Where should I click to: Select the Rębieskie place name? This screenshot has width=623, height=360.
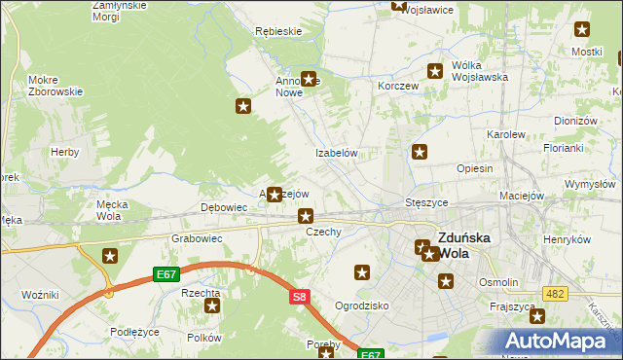pyautogui.click(x=277, y=31)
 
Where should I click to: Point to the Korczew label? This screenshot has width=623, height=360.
pyautogui.click(x=398, y=86)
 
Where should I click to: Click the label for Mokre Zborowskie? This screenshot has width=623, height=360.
pyautogui.click(x=55, y=86)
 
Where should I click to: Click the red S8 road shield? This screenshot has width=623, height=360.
pyautogui.click(x=300, y=298)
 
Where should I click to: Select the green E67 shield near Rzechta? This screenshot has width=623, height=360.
pyautogui.click(x=167, y=276)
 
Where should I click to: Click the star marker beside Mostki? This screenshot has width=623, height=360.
pyautogui.click(x=582, y=30)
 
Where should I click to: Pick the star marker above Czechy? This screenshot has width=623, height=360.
pyautogui.click(x=306, y=216)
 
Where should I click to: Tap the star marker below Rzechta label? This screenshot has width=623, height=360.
pyautogui.click(x=212, y=306)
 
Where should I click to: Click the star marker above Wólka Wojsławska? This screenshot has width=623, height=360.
pyautogui.click(x=436, y=70)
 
